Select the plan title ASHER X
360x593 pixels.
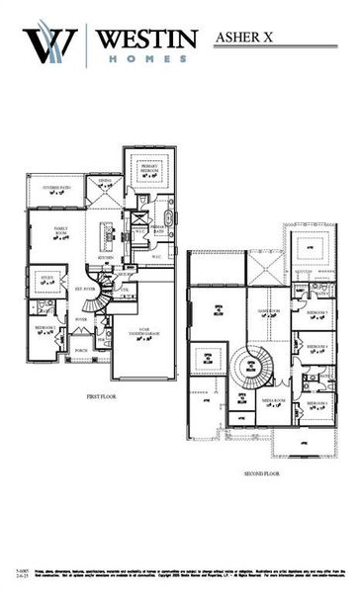pyautogui.click(x=248, y=39)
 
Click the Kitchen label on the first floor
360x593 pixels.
pyautogui.click(x=106, y=259)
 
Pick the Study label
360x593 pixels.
pyautogui.click(x=46, y=280)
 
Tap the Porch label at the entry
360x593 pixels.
pyautogui.click(x=81, y=350)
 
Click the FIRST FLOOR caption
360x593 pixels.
pyautogui.click(x=102, y=395)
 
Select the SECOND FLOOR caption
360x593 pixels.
pyautogui.click(x=262, y=473)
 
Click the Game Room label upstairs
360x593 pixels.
pyautogui.click(x=270, y=312)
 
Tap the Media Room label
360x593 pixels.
pyautogui.click(x=274, y=401)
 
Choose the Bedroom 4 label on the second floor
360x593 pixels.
pyautogui.click(x=317, y=348)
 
